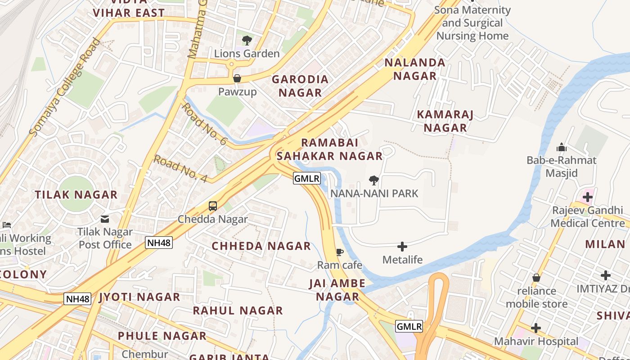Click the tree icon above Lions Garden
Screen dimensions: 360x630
pyautogui.click(x=247, y=40)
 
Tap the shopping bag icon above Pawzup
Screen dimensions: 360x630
pyautogui.click(x=237, y=78)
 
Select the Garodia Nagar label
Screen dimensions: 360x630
pyautogui.click(x=300, y=86)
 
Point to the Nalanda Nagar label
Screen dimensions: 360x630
pyautogui.click(x=415, y=69)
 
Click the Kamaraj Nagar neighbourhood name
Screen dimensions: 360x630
pyautogui.click(x=445, y=121)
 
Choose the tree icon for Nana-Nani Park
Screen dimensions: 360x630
pyautogui.click(x=373, y=180)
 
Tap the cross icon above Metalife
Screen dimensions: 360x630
pyautogui.click(x=402, y=247)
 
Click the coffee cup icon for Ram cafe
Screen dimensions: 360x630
pyautogui.click(x=340, y=252)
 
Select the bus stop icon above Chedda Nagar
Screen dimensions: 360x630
pyautogui.click(x=213, y=206)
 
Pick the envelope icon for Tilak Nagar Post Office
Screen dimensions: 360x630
pyautogui.click(x=105, y=219)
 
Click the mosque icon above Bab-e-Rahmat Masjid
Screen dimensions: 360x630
pyautogui.click(x=561, y=147)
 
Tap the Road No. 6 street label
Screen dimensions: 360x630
pyautogui.click(x=204, y=124)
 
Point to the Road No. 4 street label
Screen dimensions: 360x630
pyautogui.click(x=180, y=169)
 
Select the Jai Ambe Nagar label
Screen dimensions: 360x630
pyautogui.click(x=337, y=290)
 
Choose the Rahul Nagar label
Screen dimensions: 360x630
pyautogui.click(x=238, y=310)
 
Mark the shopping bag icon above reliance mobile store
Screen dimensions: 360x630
pyautogui.click(x=536, y=278)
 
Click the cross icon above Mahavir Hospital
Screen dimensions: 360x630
pyautogui.click(x=536, y=328)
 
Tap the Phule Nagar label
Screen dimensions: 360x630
pyautogui.click(x=162, y=336)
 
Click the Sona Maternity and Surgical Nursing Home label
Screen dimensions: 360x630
pyautogui.click(x=472, y=23)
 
